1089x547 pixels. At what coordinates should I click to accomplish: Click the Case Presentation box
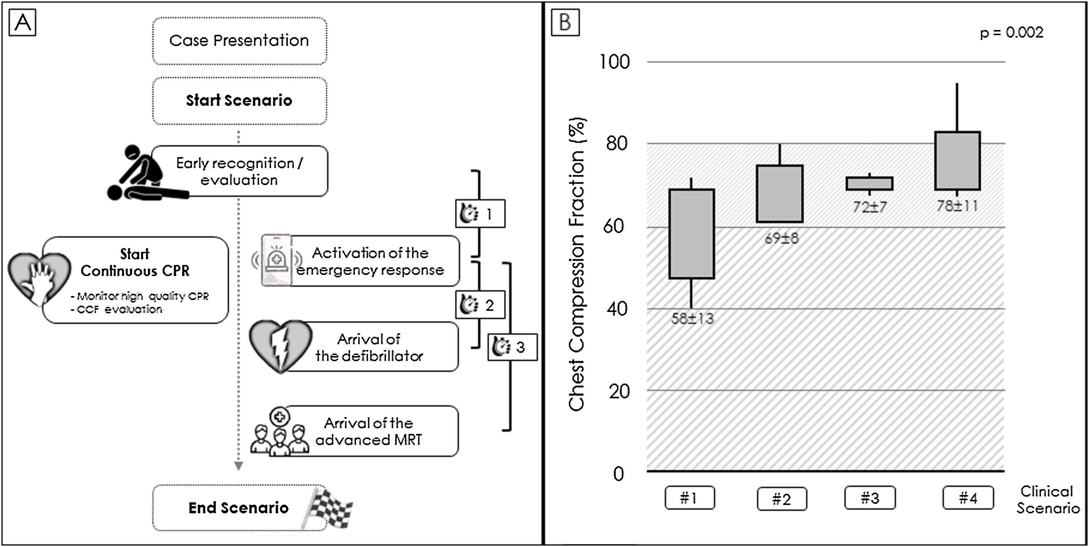tap(239, 41)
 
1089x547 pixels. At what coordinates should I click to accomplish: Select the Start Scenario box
tap(239, 101)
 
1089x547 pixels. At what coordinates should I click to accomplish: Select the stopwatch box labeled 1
tap(480, 214)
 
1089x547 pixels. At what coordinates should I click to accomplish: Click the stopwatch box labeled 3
tap(512, 347)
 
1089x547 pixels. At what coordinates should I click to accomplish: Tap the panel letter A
tap(22, 22)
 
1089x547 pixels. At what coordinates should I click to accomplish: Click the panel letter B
tap(565, 22)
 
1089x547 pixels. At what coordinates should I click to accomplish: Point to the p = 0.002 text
tap(1011, 33)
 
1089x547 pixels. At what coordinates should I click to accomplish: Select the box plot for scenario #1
tap(691, 234)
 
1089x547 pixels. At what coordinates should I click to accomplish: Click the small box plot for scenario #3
tap(869, 184)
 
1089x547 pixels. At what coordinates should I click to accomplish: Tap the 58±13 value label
tap(692, 318)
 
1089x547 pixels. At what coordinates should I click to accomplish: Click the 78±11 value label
tap(957, 206)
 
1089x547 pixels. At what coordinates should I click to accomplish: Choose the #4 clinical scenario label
tap(968, 498)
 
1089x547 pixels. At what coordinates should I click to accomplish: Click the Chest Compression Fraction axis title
tap(577, 264)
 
